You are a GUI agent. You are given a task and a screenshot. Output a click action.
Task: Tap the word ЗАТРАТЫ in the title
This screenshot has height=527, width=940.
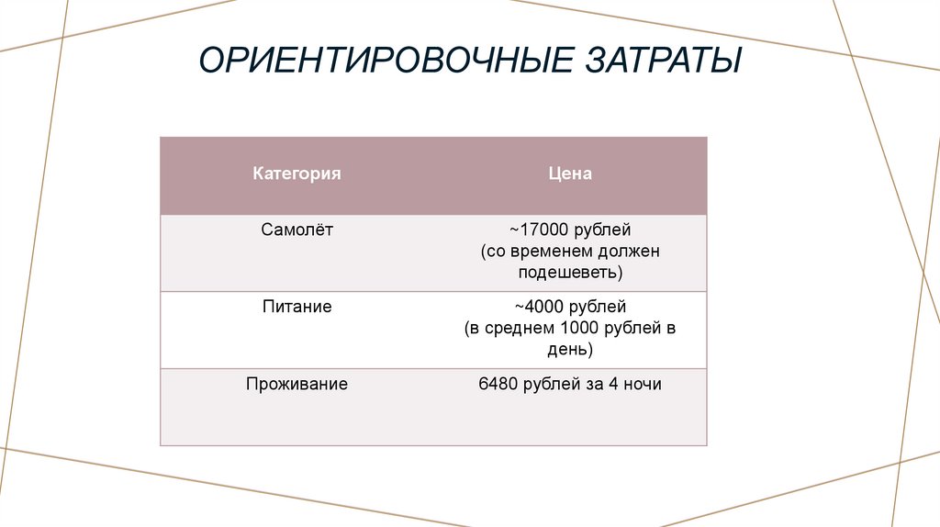(x=660, y=63)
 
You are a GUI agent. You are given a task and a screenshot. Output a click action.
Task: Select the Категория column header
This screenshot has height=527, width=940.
(x=297, y=174)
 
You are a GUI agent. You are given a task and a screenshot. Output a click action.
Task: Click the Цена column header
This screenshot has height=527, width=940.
(x=570, y=174)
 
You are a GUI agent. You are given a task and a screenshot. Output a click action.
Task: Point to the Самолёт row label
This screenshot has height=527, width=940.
(x=297, y=230)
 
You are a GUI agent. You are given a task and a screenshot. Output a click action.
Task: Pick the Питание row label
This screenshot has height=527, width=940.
(x=297, y=307)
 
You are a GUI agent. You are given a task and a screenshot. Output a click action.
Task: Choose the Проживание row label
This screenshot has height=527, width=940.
(x=297, y=384)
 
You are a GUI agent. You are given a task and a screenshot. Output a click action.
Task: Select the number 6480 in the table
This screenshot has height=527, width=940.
(x=498, y=384)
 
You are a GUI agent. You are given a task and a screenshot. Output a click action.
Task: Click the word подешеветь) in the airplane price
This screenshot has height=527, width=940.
(x=570, y=274)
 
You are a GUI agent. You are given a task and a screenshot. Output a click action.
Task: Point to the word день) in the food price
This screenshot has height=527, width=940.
(x=570, y=350)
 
